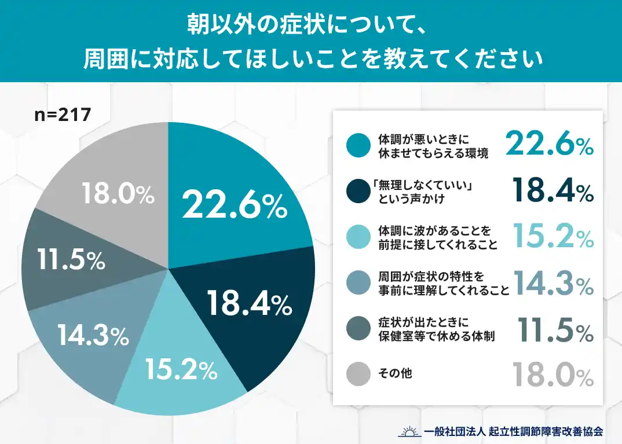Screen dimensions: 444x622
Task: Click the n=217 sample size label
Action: coord(63,115)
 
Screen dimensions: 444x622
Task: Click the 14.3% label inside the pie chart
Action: coord(93,335)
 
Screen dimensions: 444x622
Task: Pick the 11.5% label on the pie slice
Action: coord(71,260)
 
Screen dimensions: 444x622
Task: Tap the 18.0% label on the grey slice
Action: coord(118,195)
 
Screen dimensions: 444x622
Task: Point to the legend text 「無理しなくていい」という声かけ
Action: coord(425,192)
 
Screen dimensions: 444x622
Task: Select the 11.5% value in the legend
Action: coord(555,331)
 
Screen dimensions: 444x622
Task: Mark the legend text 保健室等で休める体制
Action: coord(436,336)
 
